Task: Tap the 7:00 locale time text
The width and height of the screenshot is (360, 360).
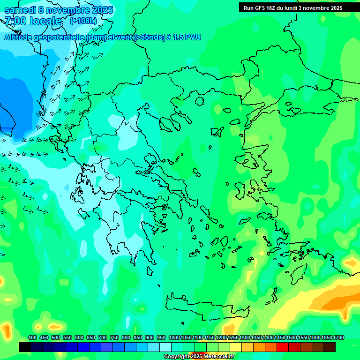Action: pos(33,21)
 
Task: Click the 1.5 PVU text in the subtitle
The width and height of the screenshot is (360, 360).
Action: pos(187,37)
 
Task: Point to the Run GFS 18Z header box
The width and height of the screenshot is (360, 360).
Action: pos(292,8)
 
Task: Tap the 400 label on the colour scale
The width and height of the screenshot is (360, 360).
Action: pos(32,338)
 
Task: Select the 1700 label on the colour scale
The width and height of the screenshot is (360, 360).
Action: pos(338,338)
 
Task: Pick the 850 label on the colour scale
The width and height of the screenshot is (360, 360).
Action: pos(138,338)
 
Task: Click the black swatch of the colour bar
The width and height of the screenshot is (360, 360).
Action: pos(25,347)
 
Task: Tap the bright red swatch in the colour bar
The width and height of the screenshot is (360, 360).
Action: pos(283,347)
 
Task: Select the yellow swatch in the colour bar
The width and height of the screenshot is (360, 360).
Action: pos(236,347)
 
